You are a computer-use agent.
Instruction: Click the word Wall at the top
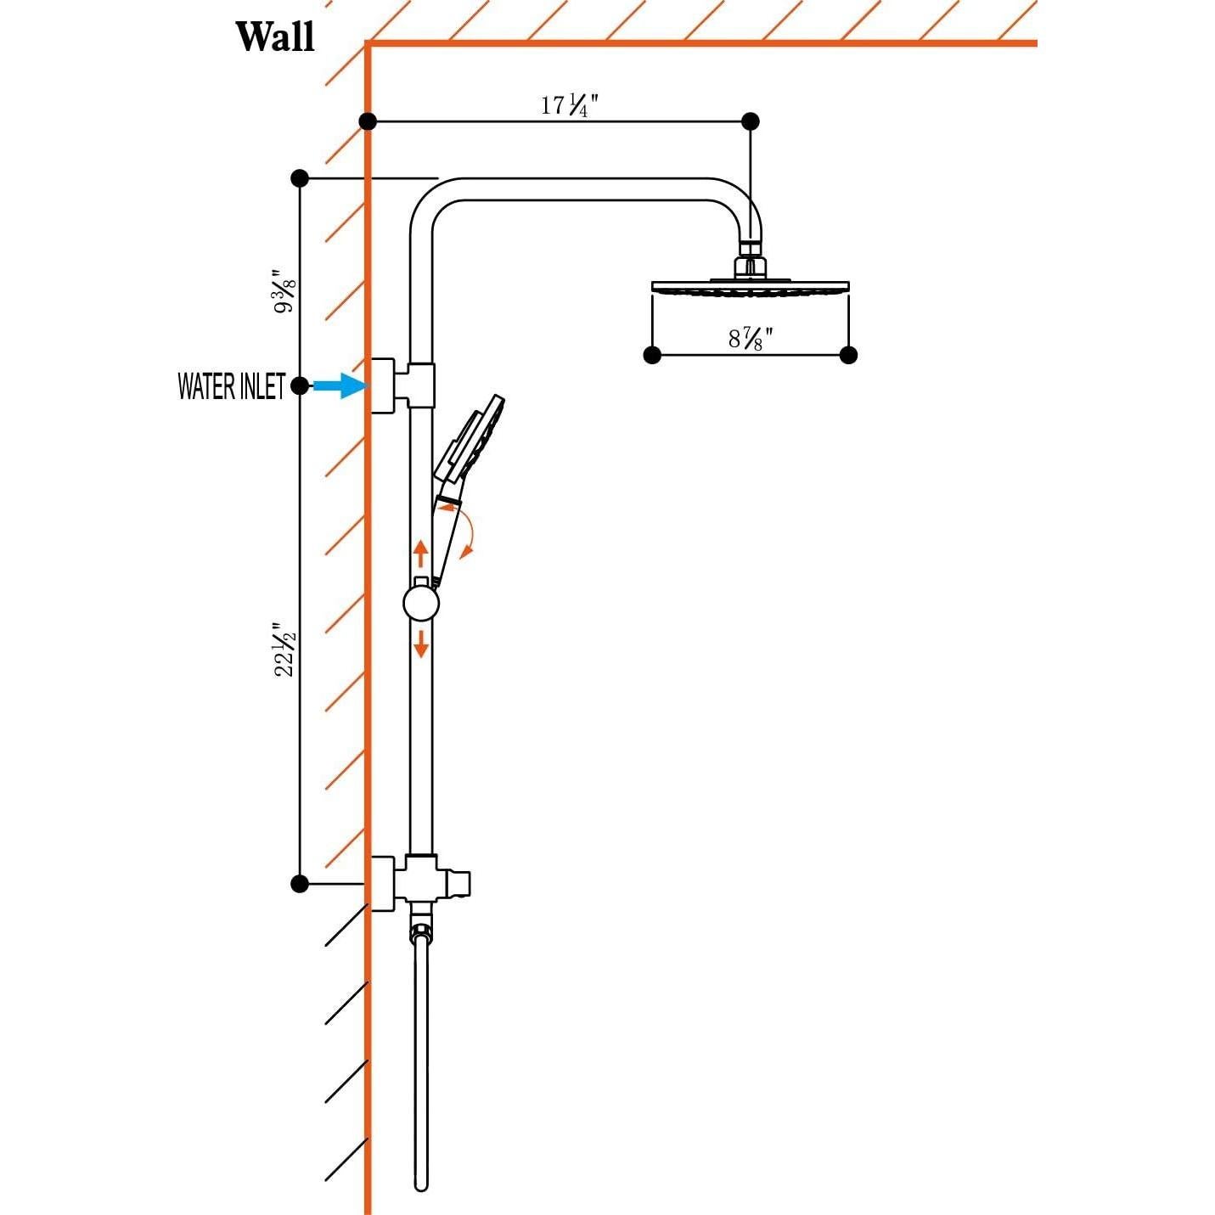tap(274, 37)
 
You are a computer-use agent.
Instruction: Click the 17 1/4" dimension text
tap(570, 105)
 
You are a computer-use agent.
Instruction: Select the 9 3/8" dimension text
tap(284, 291)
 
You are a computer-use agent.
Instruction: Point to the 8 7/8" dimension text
tap(751, 339)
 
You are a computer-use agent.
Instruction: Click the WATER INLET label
tap(231, 386)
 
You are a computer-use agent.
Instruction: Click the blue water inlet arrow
tap(340, 385)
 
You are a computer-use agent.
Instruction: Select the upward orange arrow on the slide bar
tap(420, 553)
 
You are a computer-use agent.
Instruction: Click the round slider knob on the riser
tap(421, 604)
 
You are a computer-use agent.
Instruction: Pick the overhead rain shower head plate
tap(750, 287)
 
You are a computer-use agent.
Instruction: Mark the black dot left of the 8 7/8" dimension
tap(652, 355)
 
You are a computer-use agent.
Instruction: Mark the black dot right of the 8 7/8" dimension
tap(848, 355)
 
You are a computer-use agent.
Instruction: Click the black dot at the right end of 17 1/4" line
tap(750, 121)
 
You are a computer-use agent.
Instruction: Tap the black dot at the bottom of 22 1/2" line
tap(300, 883)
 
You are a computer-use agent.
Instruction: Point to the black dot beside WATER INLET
tap(300, 385)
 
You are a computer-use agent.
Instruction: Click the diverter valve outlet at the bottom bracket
tap(459, 883)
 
